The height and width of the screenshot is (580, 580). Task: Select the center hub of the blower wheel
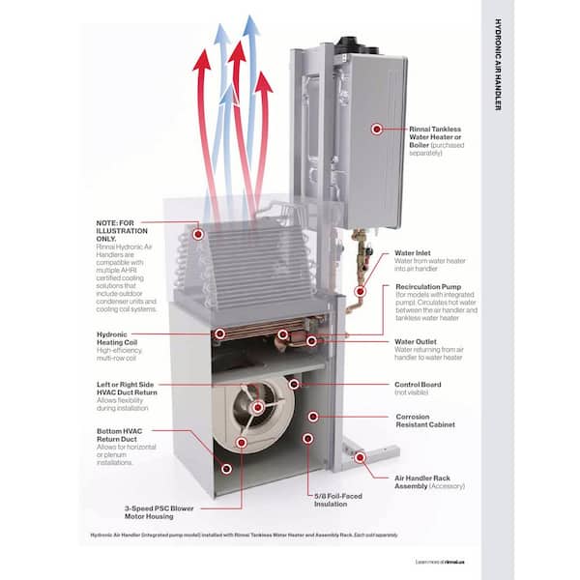(257, 407)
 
